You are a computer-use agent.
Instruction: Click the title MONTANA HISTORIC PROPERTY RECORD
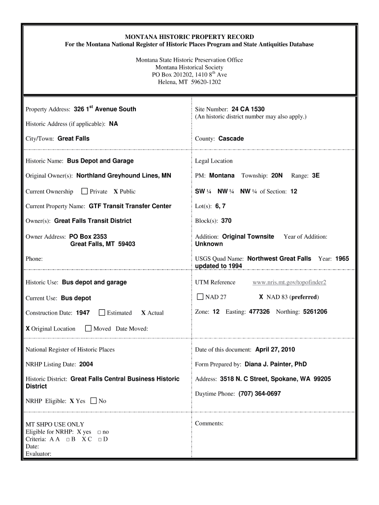coord(189,37)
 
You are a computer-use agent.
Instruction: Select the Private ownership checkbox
coord(84,191)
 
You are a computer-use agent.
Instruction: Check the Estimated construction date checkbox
coord(102,313)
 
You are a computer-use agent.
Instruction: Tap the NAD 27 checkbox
coord(200,297)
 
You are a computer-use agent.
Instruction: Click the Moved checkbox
coord(88,328)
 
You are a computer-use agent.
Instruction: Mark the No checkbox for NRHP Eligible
coord(94,401)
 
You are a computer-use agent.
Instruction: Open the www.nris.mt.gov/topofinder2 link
coord(289,282)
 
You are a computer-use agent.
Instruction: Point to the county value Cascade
coord(231,139)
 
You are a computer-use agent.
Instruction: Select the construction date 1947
coord(83,313)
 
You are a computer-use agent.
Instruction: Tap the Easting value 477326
coord(259,312)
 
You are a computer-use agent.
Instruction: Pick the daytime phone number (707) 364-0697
coord(259,394)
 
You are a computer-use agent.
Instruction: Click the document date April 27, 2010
coord(275,350)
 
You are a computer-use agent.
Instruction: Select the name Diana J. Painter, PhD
coord(276,364)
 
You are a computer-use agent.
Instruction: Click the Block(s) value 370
coord(226,221)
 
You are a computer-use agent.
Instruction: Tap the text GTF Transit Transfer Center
coord(130,206)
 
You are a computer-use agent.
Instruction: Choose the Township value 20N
coord(277,176)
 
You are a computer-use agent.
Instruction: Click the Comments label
coord(209,424)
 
